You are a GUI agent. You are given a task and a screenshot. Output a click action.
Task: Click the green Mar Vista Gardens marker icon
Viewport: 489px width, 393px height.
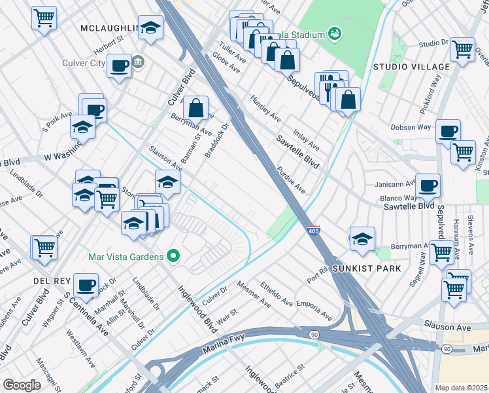173,256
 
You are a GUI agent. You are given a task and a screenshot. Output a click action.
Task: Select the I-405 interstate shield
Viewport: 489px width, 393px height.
313,231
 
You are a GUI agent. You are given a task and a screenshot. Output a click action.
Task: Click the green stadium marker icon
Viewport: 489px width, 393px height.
335,33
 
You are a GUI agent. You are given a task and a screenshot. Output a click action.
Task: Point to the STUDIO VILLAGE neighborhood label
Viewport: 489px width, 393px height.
411,67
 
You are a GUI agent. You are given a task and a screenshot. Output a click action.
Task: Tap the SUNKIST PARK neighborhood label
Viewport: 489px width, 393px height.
363,269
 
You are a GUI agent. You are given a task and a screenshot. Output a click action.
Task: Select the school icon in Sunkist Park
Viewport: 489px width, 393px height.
362,239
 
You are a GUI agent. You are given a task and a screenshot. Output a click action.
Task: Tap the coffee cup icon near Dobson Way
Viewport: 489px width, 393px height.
448,130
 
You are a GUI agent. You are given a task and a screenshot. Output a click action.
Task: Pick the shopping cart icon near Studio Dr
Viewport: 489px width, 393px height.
462,48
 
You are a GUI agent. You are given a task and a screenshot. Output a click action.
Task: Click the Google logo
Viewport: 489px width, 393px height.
22,384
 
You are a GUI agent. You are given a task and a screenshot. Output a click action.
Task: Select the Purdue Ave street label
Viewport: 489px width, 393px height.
292,179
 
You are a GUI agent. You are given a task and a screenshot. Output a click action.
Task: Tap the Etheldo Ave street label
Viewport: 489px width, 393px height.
277,294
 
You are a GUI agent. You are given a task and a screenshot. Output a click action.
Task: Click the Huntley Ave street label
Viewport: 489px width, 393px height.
266,108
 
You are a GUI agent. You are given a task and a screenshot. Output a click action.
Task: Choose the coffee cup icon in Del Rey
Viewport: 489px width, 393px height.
86,285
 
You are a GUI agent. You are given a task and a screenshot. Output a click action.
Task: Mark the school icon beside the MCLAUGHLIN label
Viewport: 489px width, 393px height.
151,27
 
